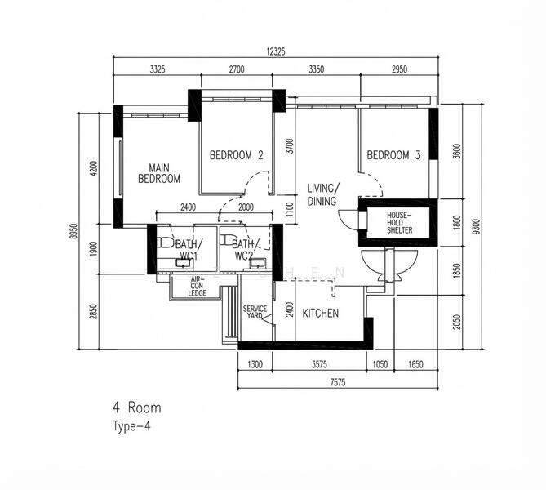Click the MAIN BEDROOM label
tap(158, 173)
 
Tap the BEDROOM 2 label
tap(236, 155)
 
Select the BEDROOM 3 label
tap(393, 155)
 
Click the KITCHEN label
tap(321, 314)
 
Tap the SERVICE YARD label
tap(255, 312)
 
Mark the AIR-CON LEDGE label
tap(196, 286)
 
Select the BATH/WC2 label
tap(244, 249)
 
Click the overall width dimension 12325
tap(276, 51)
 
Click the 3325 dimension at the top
tap(158, 70)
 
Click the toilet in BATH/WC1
tap(164, 243)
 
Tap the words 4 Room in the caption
tap(137, 407)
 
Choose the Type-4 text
tap(132, 425)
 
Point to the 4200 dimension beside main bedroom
tap(94, 169)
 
